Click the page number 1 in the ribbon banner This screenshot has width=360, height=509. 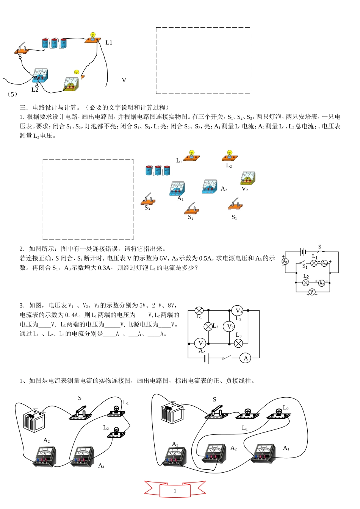coord(175,490)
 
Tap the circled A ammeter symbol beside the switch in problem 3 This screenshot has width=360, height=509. coord(246,358)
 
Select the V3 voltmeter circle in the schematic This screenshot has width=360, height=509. coord(238,311)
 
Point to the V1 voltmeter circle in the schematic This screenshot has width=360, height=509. coord(200,343)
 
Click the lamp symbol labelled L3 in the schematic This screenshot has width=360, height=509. coord(238,343)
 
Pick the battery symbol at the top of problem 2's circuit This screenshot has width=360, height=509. coord(303,251)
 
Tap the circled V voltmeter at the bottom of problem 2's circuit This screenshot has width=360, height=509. coord(312,292)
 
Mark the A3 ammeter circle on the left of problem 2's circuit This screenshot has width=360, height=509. coord(285,261)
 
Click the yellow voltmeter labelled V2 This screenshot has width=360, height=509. coord(248,178)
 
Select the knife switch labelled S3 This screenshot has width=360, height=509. coord(148,199)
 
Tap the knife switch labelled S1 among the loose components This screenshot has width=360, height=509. coord(235,204)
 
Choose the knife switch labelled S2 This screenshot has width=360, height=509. coord(192,208)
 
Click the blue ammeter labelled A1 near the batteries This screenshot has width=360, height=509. coord(177,188)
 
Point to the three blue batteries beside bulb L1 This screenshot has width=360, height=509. coord(158,170)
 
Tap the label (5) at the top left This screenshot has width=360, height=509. coord(13,94)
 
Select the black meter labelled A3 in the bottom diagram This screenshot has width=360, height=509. coord(174,456)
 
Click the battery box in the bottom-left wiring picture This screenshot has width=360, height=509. coord(34,420)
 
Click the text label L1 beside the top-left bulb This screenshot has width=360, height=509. coord(109,43)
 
